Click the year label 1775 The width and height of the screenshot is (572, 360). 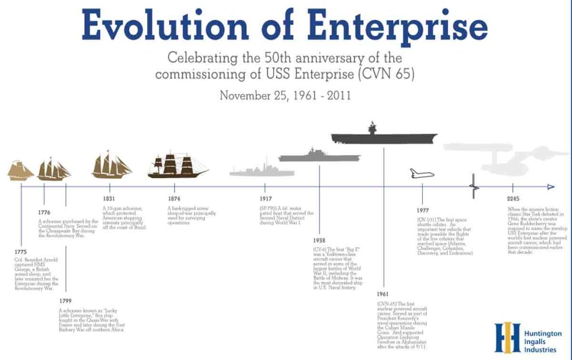pyautogui.click(x=20, y=252)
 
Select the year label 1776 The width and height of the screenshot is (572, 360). pyautogui.click(x=44, y=212)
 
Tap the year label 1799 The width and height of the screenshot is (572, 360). pyautogui.click(x=65, y=301)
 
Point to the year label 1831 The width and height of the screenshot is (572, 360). pyautogui.click(x=109, y=199)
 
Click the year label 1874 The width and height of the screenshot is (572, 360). pyautogui.click(x=174, y=199)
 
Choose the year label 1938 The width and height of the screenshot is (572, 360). pyautogui.click(x=320, y=240)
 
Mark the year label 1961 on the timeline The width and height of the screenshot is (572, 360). pyautogui.click(x=383, y=294)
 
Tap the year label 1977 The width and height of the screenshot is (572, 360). pyautogui.click(x=422, y=211)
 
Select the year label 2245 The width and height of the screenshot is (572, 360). pyautogui.click(x=512, y=199)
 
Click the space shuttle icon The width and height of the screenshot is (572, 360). pyautogui.click(x=422, y=174)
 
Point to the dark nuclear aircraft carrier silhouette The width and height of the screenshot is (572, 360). pyautogui.click(x=384, y=136)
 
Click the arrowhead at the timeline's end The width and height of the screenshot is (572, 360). pyautogui.click(x=551, y=187)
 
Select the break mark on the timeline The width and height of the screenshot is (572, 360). pyautogui.click(x=474, y=187)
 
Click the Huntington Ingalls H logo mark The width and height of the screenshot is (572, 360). pyautogui.click(x=507, y=337)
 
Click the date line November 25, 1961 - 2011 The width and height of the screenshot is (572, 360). pyautogui.click(x=285, y=95)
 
